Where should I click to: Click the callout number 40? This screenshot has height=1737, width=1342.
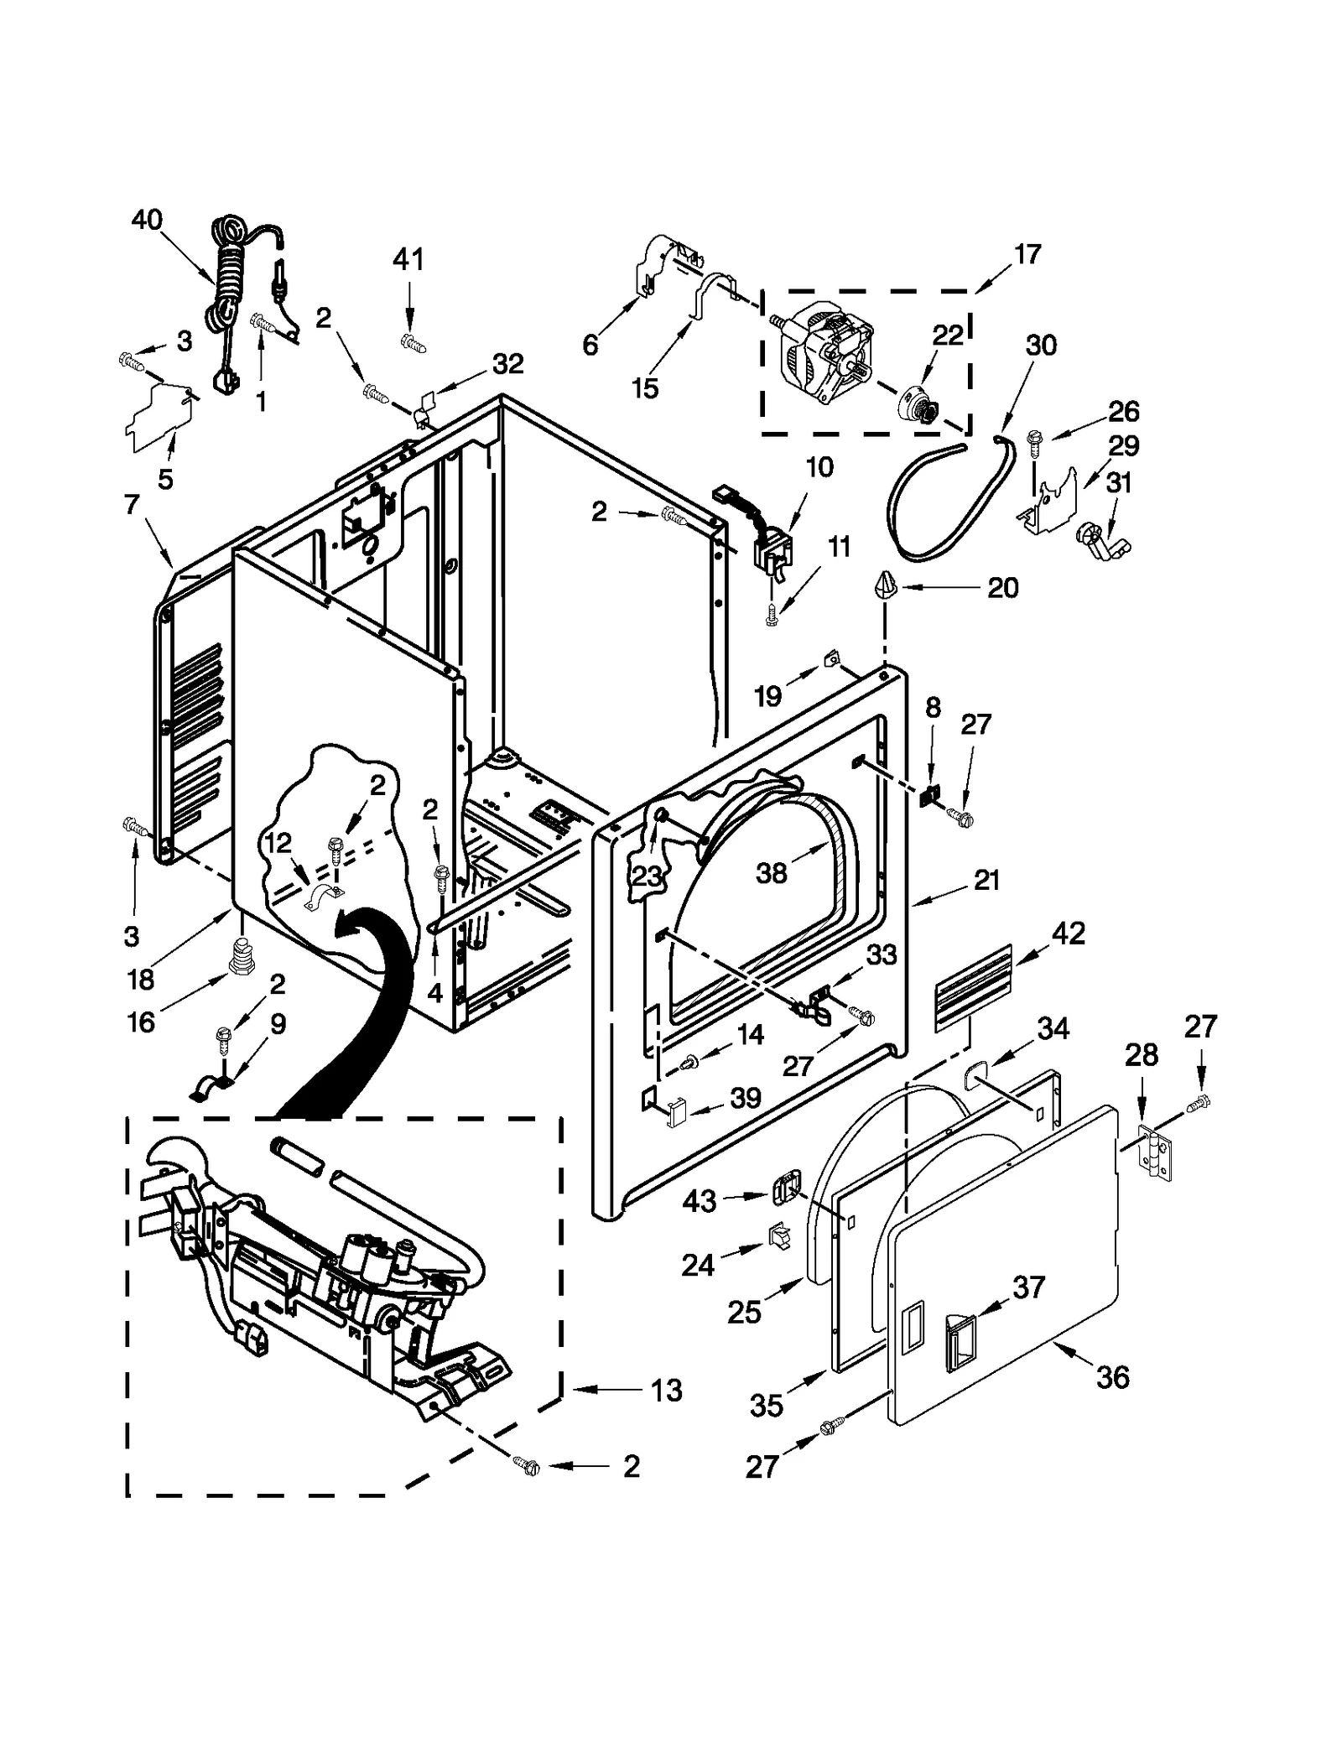[147, 221]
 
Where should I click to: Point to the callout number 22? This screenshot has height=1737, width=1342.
[948, 335]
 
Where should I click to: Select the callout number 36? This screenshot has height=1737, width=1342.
[1113, 1376]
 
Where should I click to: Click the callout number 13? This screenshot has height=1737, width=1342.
[667, 1391]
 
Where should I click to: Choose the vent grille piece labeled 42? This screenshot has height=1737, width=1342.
[973, 988]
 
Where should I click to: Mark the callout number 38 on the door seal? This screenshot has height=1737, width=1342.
[772, 873]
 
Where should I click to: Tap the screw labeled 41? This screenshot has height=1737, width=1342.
[414, 341]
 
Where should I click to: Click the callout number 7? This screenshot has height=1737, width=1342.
[131, 505]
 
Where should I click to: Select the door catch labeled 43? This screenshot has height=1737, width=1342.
[783, 1188]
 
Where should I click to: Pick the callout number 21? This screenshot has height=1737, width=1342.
[986, 880]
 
